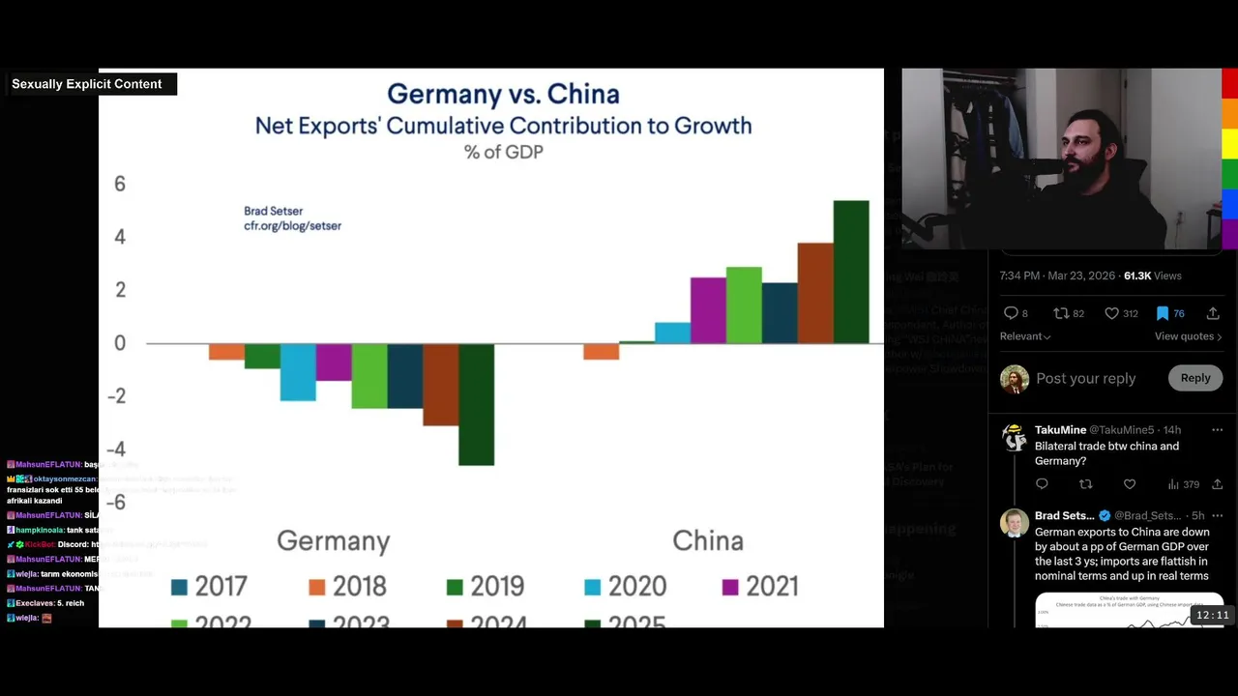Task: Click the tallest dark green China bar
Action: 851,272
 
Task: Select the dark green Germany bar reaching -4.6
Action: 476,404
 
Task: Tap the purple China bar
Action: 708,310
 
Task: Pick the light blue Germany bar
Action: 298,371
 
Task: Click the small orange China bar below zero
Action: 601,352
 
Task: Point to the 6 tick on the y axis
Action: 120,184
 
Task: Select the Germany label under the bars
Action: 333,540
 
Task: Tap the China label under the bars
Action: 708,540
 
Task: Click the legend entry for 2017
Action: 209,586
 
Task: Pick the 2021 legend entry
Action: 760,586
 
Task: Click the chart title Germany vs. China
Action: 503,94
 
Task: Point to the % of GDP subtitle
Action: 503,152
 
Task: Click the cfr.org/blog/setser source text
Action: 292,225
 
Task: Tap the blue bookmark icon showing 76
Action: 1163,313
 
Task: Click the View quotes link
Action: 1188,336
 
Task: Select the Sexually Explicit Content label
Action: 87,84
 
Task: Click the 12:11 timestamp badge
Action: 1212,615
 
